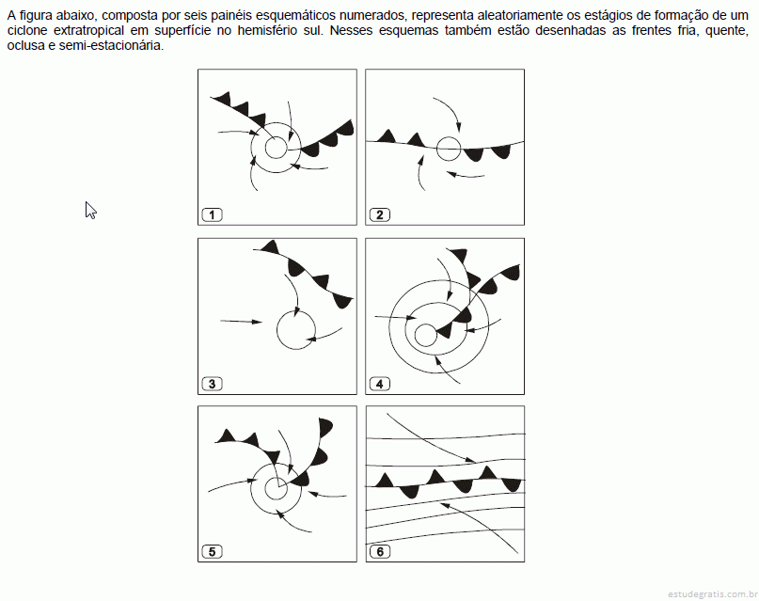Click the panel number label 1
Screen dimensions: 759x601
[212, 214]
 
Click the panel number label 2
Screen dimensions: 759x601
[380, 214]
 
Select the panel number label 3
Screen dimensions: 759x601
[212, 384]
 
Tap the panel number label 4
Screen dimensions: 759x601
[380, 384]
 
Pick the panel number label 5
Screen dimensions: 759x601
[212, 552]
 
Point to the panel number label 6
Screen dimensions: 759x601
[380, 552]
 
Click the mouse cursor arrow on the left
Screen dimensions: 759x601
[90, 210]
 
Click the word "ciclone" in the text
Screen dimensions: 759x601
[27, 30]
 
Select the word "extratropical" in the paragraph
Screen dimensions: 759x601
[88, 30]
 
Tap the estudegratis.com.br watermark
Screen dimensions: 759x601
[712, 593]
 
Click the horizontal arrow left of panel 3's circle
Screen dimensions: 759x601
[241, 322]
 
